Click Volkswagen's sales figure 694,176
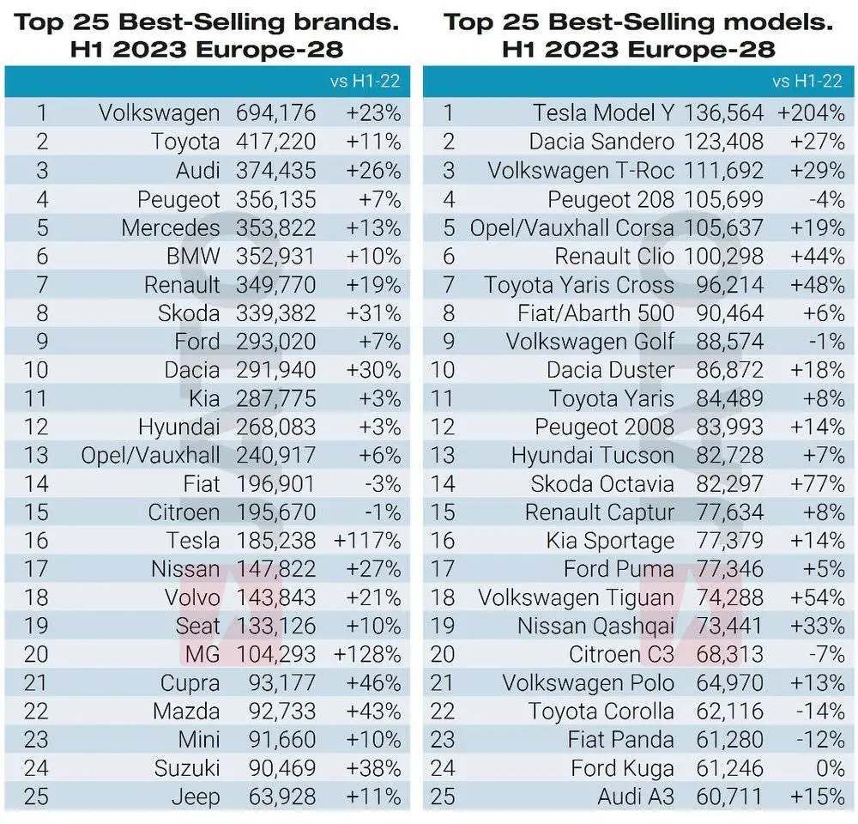(275, 112)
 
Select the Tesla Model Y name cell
(603, 112)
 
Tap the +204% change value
(811, 112)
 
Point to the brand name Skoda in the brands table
(189, 312)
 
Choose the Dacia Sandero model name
(601, 141)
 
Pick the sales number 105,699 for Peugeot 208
(723, 198)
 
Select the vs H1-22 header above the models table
(807, 82)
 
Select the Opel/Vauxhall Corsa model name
(572, 227)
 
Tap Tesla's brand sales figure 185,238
(275, 541)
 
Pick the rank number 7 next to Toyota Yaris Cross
(448, 284)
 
